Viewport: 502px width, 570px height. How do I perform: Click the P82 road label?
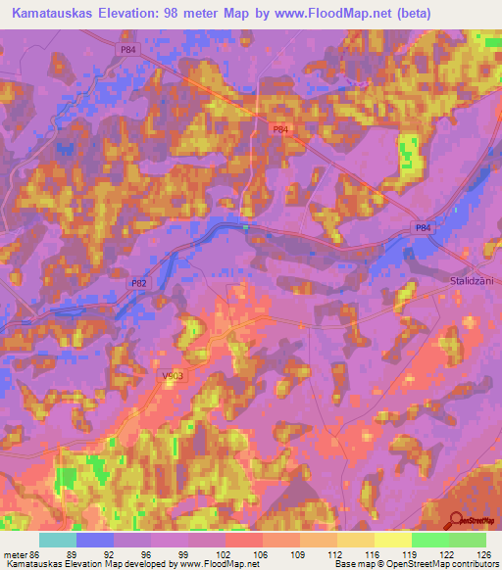tap(140, 283)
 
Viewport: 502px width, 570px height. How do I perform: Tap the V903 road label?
tap(162, 375)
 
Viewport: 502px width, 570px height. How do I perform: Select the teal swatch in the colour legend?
tap(57, 540)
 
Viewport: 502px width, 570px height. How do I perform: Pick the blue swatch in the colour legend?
tap(94, 540)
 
